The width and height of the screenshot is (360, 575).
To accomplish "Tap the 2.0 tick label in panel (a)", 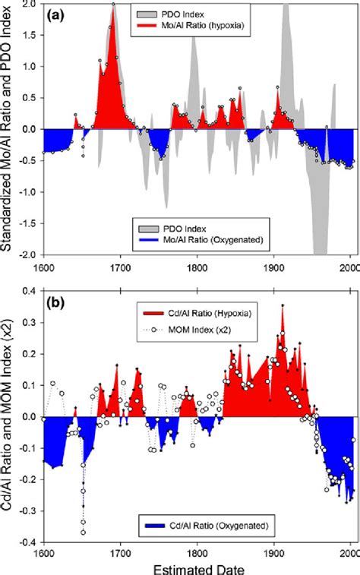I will [x=30, y=4].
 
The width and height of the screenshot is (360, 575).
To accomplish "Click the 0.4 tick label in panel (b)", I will [x=30, y=290].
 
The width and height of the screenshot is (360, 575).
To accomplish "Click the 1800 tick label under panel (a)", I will [x=197, y=267].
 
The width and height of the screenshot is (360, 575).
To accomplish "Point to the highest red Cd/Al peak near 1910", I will [x=283, y=306].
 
